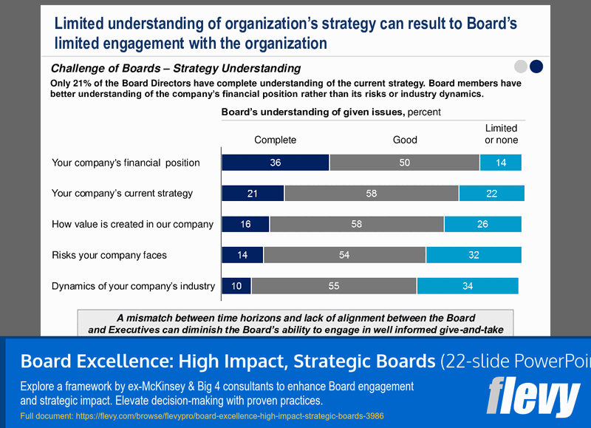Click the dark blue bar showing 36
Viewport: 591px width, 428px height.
pyautogui.click(x=276, y=163)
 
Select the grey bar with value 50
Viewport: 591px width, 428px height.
pyautogui.click(x=405, y=163)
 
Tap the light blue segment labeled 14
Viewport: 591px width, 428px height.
pyautogui.click(x=501, y=163)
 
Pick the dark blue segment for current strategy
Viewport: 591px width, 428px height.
pyautogui.click(x=253, y=194)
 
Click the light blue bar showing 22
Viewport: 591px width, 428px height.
pyautogui.click(x=491, y=194)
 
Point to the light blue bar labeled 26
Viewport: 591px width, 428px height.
pyautogui.click(x=482, y=224)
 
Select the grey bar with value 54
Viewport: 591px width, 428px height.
pyautogui.click(x=344, y=255)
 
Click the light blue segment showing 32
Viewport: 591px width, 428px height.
pyautogui.click(x=474, y=255)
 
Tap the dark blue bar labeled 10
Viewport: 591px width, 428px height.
pyautogui.click(x=236, y=286)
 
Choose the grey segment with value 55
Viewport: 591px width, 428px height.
pyautogui.click(x=334, y=286)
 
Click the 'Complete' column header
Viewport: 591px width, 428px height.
pyautogui.click(x=275, y=140)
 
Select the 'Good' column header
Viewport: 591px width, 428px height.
pyautogui.click(x=405, y=140)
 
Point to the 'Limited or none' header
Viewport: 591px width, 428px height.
pyautogui.click(x=501, y=134)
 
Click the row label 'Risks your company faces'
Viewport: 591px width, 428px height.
pyautogui.click(x=109, y=255)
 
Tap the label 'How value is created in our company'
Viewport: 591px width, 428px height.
pyautogui.click(x=132, y=224)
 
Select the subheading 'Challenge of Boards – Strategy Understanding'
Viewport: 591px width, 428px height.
pyautogui.click(x=176, y=68)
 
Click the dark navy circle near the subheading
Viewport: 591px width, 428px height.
pyautogui.click(x=537, y=67)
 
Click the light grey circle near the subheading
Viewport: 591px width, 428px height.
pyautogui.click(x=521, y=67)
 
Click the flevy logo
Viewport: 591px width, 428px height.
pyautogui.click(x=533, y=397)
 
